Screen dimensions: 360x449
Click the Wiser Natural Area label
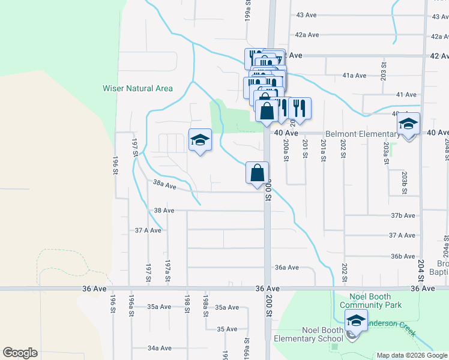coord(137,89)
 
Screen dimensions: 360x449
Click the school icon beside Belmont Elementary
coord(408,125)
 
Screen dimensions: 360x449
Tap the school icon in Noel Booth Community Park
coord(356,322)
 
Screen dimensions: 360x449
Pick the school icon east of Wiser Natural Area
coord(200,140)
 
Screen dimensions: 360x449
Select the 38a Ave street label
coord(164,185)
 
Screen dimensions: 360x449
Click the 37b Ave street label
coord(403,215)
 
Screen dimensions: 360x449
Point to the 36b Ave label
coord(403,256)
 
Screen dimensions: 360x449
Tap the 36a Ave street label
coord(286,268)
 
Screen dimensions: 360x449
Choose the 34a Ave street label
coord(160,348)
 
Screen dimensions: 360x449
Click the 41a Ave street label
coord(354,76)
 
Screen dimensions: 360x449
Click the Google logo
coord(20,353)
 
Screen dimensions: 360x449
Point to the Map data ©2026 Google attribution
coord(411,355)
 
